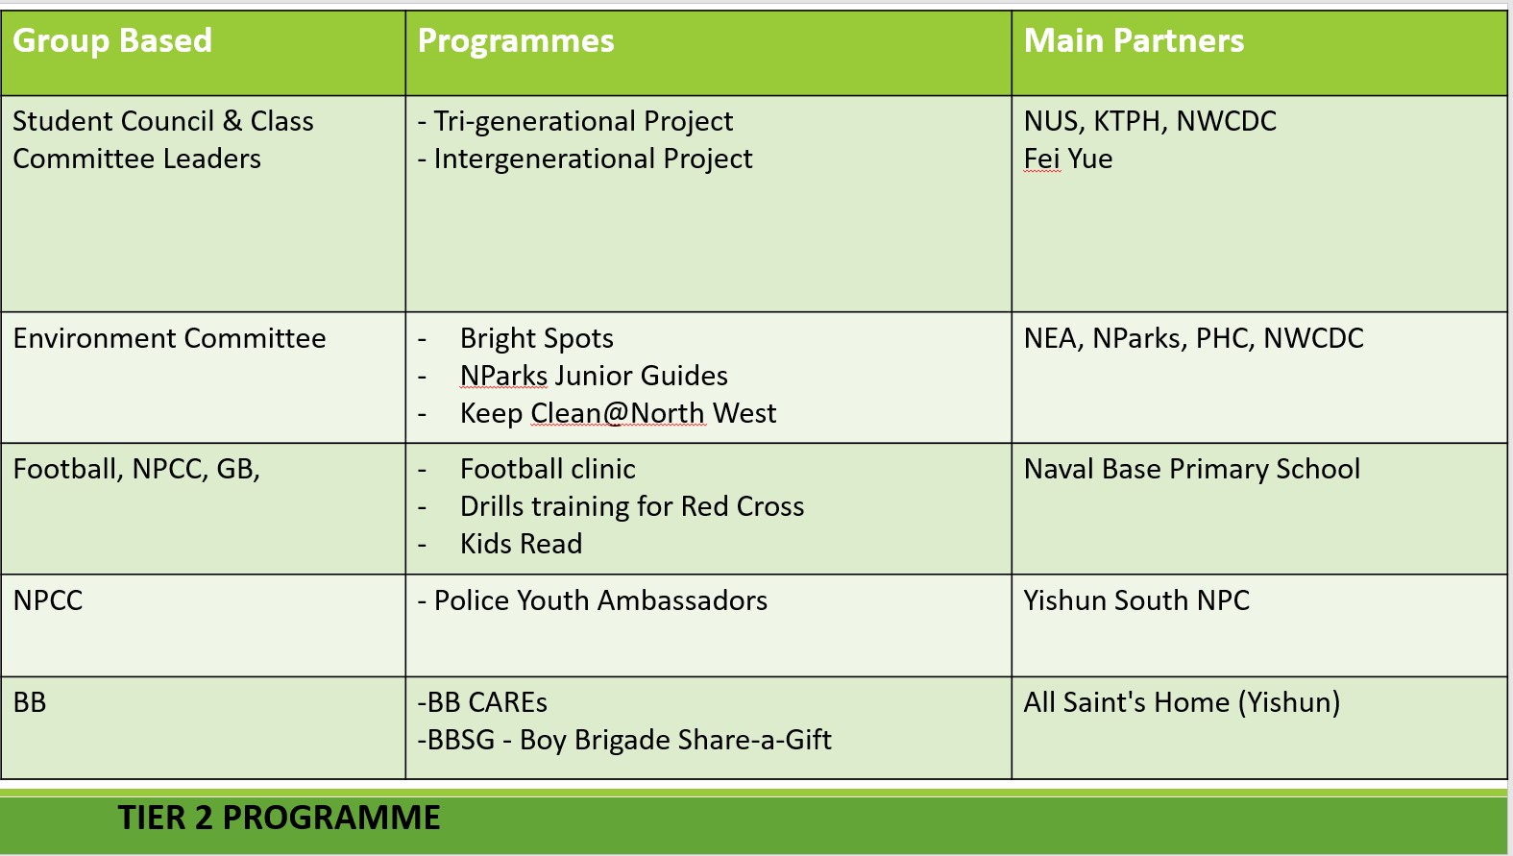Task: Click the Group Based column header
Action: (112, 41)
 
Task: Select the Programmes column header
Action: (516, 41)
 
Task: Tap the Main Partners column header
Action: (1134, 41)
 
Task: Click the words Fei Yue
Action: (1067, 159)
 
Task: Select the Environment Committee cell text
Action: (169, 339)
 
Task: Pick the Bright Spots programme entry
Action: (536, 339)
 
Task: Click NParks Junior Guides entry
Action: (594, 377)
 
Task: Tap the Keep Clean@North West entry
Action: (618, 414)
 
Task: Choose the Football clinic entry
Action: (548, 470)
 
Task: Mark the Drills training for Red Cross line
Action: (632, 507)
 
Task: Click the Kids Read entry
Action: (521, 545)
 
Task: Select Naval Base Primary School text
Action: (1191, 470)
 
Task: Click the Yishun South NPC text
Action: (1136, 601)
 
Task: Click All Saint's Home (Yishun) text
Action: (1182, 703)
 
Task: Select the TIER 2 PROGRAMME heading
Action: (279, 819)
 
